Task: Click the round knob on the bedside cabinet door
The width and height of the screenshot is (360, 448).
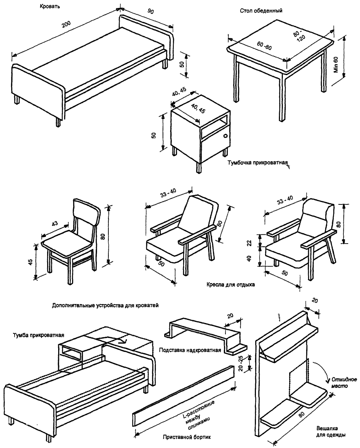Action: point(225,136)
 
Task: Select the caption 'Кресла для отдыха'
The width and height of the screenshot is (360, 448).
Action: point(231,284)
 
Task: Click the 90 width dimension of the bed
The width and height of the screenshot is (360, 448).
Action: point(151,12)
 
